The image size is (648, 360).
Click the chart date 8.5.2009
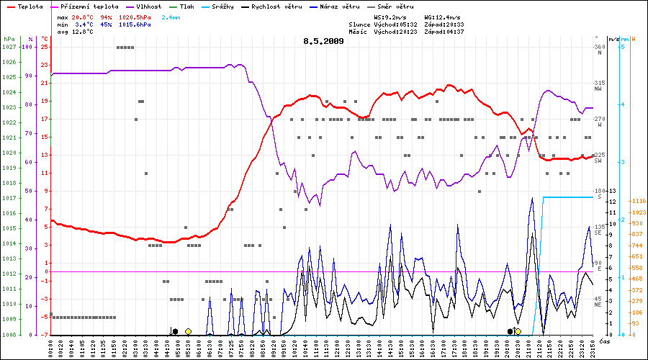(323, 41)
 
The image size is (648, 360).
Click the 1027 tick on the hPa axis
(9, 47)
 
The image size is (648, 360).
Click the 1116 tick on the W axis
(638, 202)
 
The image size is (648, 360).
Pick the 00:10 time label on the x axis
(51, 347)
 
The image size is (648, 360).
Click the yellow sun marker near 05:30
(188, 331)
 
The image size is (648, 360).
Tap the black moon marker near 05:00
(175, 331)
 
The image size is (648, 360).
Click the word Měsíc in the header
(358, 32)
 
